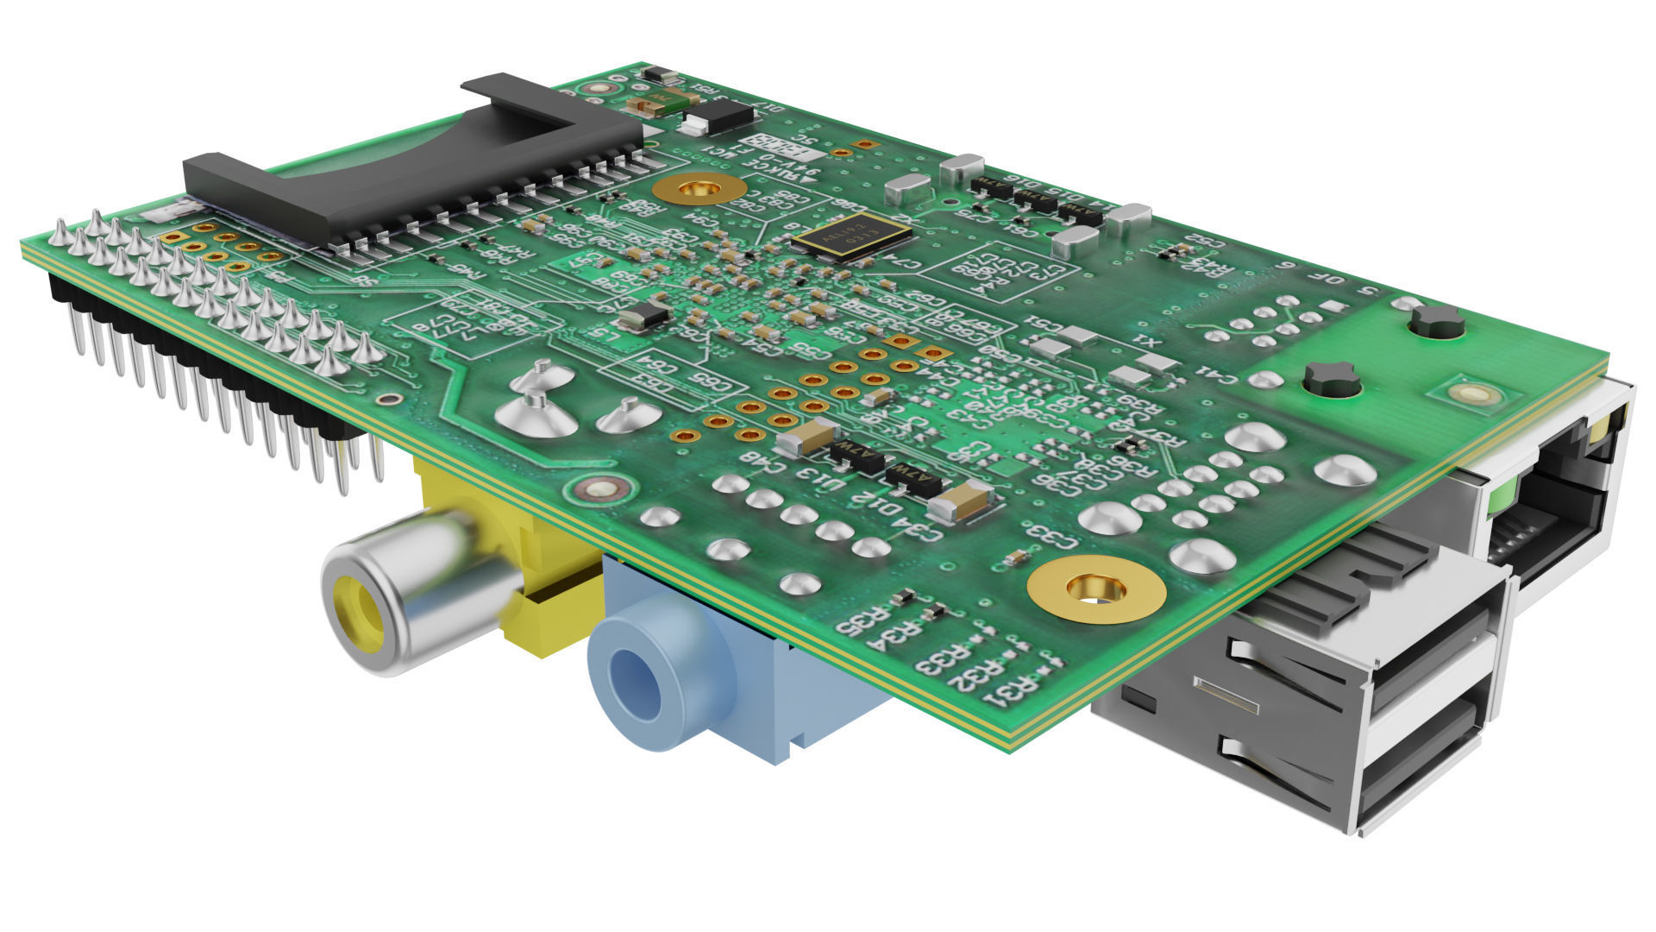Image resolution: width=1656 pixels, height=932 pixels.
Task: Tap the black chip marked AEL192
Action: tap(852, 236)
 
